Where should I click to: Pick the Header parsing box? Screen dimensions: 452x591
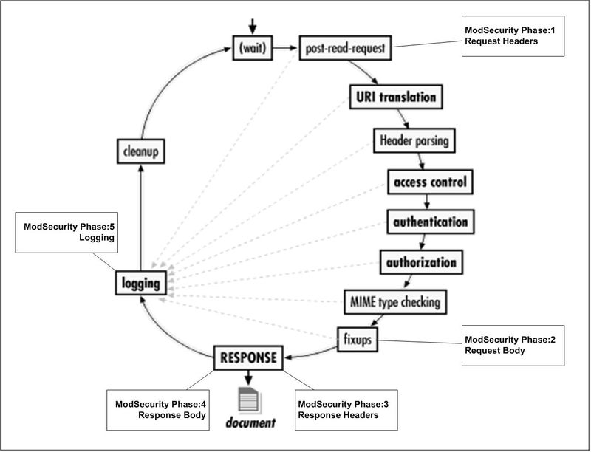click(x=413, y=139)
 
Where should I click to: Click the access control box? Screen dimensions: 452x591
click(x=428, y=181)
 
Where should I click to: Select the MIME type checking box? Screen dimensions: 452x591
click(x=396, y=301)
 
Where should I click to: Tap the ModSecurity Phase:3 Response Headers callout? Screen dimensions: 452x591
click(x=341, y=410)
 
